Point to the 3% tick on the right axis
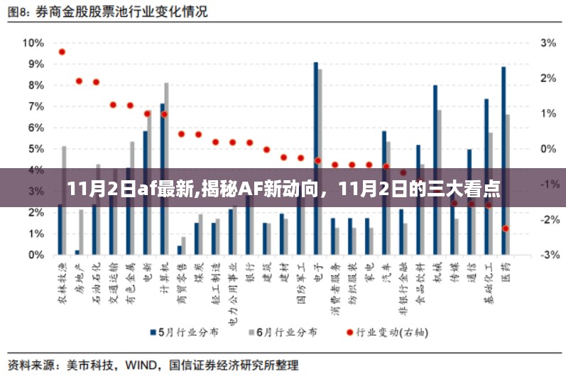548,43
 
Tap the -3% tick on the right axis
548,255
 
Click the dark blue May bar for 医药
504,160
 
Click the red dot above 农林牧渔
62,52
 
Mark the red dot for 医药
506,228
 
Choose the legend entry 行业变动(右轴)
383,332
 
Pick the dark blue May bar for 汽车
384,192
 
